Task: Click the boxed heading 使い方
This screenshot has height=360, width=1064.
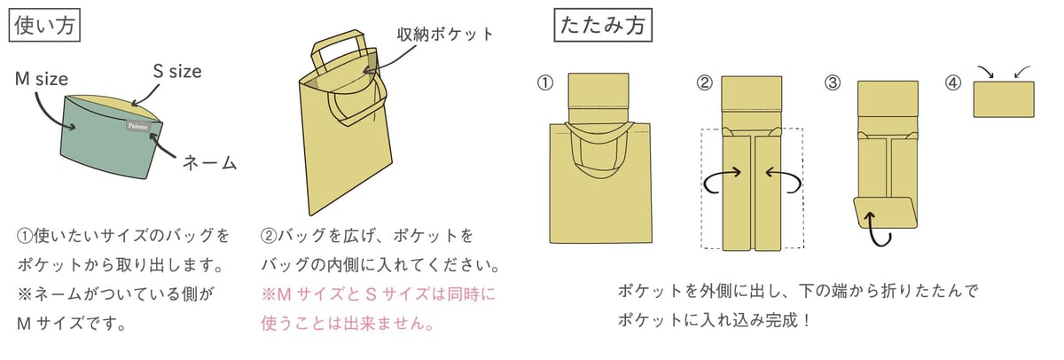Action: tap(44, 25)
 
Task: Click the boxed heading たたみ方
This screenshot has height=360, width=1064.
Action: tap(603, 25)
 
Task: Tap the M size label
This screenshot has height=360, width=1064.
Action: tap(42, 79)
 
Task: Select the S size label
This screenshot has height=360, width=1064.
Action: tap(177, 71)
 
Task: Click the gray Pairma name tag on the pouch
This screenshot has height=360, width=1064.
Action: tap(137, 126)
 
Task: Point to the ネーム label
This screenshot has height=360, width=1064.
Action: tap(209, 163)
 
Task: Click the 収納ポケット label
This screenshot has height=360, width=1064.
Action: tap(445, 35)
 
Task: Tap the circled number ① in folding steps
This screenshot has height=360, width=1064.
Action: tap(545, 82)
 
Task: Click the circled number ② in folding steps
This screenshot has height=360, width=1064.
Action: tap(704, 82)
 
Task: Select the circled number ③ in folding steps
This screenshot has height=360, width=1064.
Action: tap(833, 82)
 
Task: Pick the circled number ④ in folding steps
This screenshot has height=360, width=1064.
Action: tap(953, 82)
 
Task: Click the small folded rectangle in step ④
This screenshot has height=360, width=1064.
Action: tap(1004, 99)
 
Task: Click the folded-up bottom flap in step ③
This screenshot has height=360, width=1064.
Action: tap(886, 213)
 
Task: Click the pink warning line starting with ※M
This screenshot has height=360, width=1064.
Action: tap(378, 294)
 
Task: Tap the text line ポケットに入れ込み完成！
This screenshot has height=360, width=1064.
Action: tap(714, 320)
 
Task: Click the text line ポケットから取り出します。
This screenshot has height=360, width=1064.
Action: tap(121, 265)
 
